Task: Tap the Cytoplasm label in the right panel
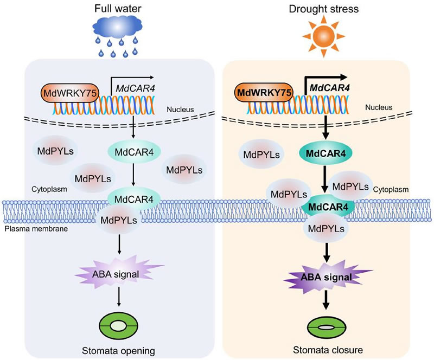(x=392, y=189)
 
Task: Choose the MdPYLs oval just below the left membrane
(x=118, y=220)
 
